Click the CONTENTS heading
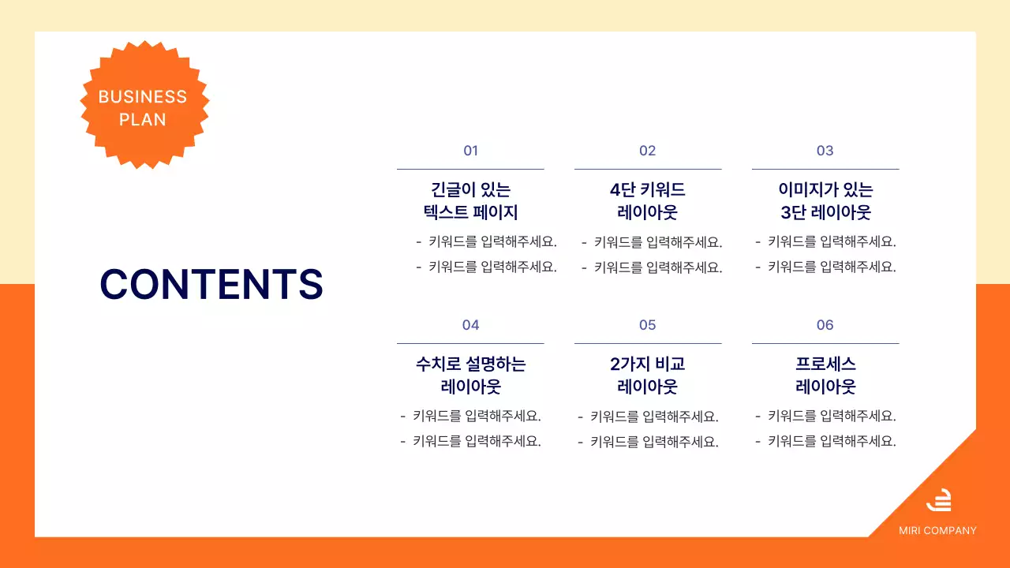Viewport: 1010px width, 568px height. coord(211,284)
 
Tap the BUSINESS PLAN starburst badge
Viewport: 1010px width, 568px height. coord(144,105)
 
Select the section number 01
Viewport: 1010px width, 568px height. coord(470,151)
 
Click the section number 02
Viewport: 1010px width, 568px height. coord(647,151)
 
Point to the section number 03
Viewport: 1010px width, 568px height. coord(825,151)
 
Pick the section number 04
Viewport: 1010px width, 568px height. coord(470,325)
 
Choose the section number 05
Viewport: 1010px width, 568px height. coord(647,325)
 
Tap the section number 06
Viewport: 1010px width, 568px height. coord(825,325)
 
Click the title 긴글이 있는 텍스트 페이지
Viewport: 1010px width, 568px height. coord(470,201)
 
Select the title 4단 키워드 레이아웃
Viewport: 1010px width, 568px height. coord(647,201)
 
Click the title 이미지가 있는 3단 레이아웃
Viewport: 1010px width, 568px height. coord(825,201)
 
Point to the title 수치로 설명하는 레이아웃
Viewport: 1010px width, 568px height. coord(470,376)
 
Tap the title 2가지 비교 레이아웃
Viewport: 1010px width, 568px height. coord(647,376)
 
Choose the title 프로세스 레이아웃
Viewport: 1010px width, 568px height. coord(825,376)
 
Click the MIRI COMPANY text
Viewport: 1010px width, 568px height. coord(937,531)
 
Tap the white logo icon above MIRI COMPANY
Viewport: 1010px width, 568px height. coord(938,500)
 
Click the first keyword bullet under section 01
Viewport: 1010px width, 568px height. coord(486,242)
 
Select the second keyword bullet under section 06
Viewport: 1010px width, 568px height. coord(825,441)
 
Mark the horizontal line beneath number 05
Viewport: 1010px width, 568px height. coord(647,343)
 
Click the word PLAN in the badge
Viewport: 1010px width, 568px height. coord(143,120)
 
